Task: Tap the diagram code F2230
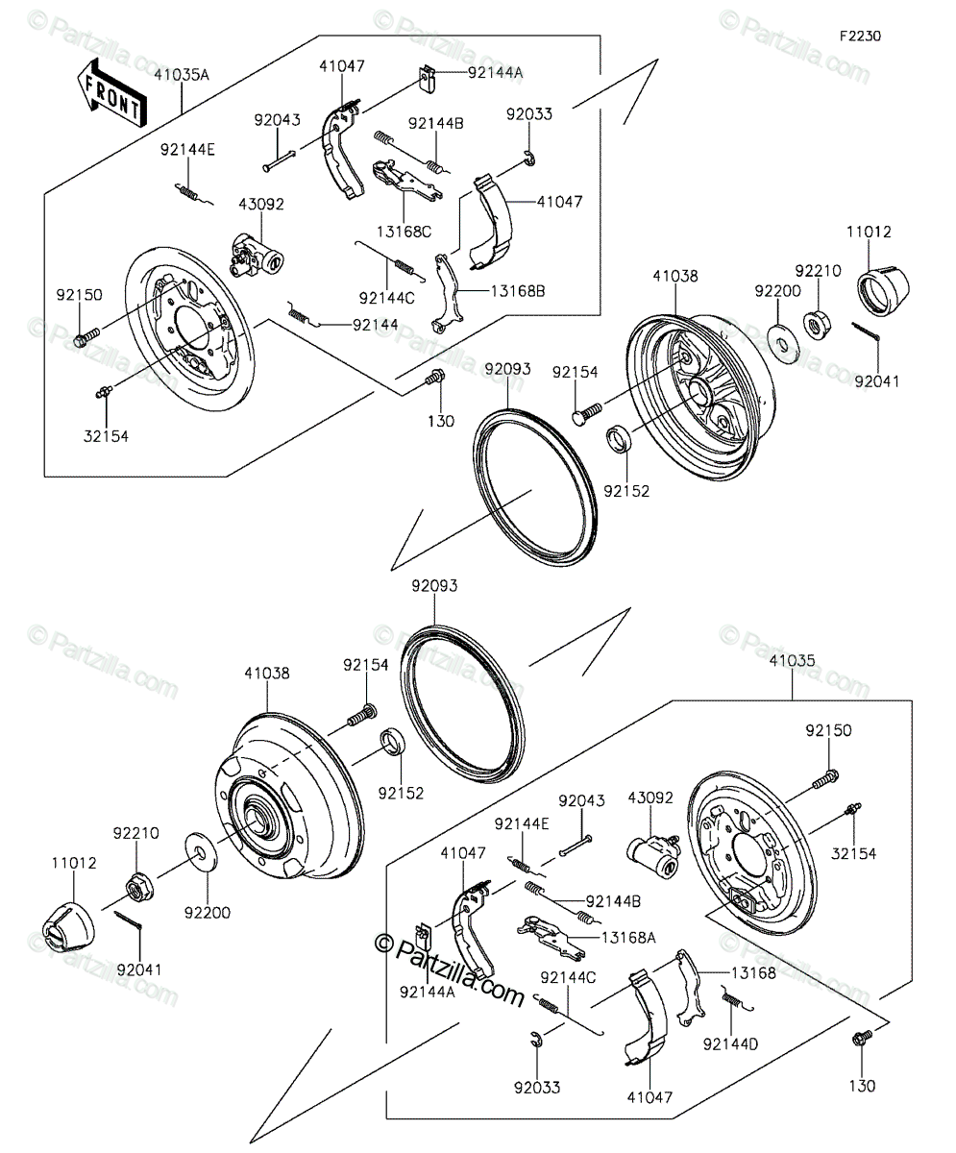pos(861,37)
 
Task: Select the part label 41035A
pos(182,75)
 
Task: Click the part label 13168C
pos(404,232)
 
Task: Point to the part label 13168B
pos(518,291)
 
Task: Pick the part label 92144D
pos(730,1043)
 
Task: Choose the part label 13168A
pos(628,937)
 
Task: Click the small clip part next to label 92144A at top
pos(427,79)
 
